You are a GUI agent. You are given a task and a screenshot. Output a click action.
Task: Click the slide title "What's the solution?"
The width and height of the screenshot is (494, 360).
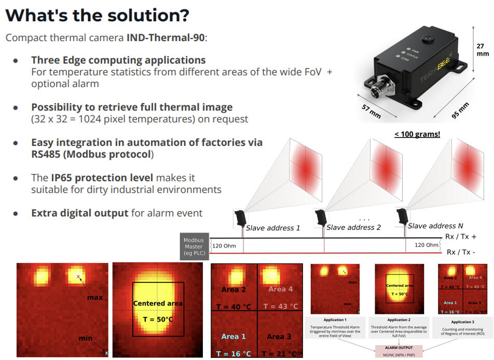click(97, 15)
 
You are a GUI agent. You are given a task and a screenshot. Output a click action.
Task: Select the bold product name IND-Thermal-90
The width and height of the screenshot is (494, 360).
click(167, 38)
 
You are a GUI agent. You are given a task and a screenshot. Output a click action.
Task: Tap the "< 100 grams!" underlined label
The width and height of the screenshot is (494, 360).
click(417, 134)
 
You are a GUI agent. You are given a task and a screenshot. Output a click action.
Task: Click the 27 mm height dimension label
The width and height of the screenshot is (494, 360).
click(483, 50)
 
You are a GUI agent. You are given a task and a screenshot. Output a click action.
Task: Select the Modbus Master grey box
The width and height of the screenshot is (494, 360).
click(194, 246)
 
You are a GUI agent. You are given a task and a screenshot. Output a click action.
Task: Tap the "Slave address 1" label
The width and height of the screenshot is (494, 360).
click(273, 228)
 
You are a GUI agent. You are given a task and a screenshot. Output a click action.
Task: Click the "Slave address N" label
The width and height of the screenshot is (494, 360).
click(434, 226)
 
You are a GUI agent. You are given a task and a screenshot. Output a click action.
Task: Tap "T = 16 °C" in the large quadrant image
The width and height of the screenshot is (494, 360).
click(234, 354)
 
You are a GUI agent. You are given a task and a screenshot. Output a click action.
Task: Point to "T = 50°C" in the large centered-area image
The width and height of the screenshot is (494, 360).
click(157, 319)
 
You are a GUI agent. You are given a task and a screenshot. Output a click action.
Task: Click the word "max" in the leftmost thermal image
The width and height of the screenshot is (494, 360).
click(94, 297)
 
